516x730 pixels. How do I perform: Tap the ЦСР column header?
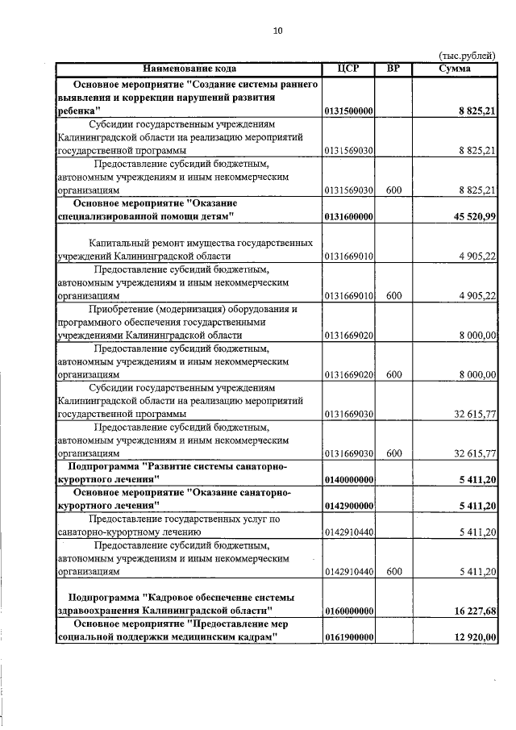[348, 69]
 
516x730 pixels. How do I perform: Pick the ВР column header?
[393, 69]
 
